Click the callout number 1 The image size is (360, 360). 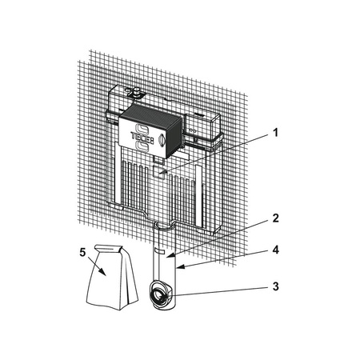(276, 133)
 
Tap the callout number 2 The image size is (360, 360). (276, 218)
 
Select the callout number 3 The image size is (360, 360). (276, 286)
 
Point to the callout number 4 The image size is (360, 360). (276, 250)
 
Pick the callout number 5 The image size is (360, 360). (82, 252)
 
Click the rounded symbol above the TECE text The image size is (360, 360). (142, 127)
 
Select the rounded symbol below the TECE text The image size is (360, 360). (142, 146)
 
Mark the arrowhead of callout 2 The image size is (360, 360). (170, 256)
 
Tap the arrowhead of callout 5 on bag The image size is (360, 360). (103, 272)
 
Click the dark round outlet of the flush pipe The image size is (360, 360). (159, 296)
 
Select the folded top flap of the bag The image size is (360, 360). (109, 248)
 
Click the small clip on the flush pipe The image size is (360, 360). (161, 251)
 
